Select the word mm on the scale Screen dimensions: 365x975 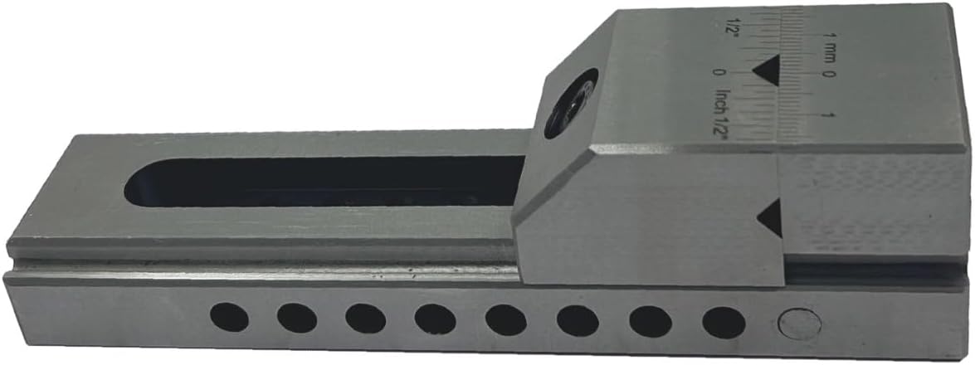point(827,50)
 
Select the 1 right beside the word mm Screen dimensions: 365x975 point(827,34)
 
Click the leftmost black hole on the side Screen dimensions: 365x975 point(228,317)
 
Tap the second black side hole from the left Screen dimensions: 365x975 point(297,317)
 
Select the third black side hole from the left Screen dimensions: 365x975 point(366,317)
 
